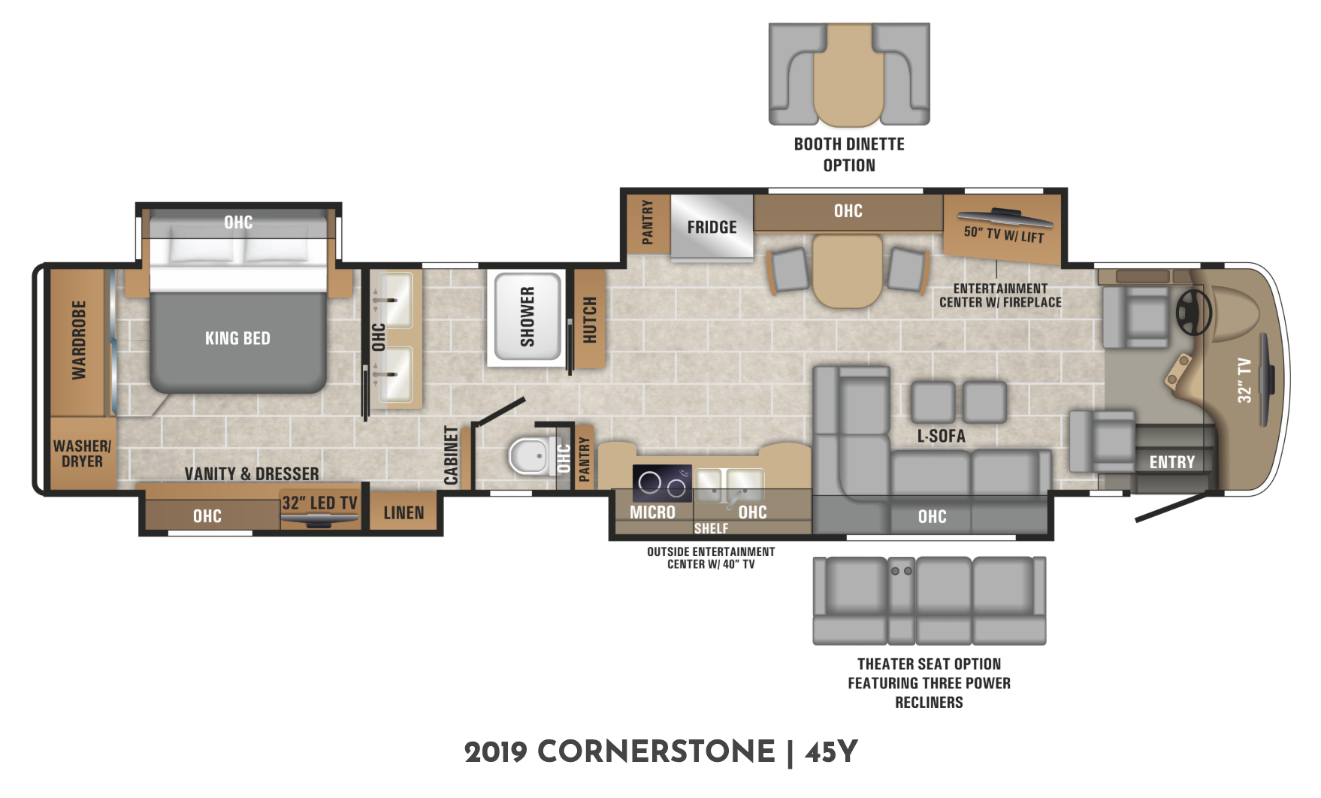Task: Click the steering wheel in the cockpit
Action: pyautogui.click(x=1193, y=312)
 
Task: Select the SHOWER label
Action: pyautogui.click(x=527, y=317)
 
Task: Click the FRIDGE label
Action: pyautogui.click(x=712, y=227)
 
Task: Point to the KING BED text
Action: pyautogui.click(x=237, y=338)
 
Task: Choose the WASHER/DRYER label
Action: pyautogui.click(x=82, y=454)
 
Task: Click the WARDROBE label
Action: pyautogui.click(x=79, y=340)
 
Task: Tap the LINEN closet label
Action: pyautogui.click(x=404, y=512)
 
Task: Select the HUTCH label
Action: pyautogui.click(x=590, y=319)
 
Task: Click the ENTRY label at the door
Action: pyautogui.click(x=1171, y=462)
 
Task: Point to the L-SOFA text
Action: pyautogui.click(x=941, y=436)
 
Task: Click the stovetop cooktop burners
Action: pyautogui.click(x=662, y=483)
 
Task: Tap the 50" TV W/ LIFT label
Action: pyautogui.click(x=1004, y=234)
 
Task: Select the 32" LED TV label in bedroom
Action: pyautogui.click(x=319, y=503)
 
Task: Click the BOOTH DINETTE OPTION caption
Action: pyautogui.click(x=849, y=154)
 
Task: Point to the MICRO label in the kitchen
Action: pyautogui.click(x=652, y=512)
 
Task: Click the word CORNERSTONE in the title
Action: pyautogui.click(x=656, y=751)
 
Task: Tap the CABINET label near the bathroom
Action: pyautogui.click(x=451, y=455)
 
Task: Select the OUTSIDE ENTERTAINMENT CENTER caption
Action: pyautogui.click(x=711, y=558)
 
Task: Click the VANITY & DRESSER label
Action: pyautogui.click(x=252, y=473)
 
